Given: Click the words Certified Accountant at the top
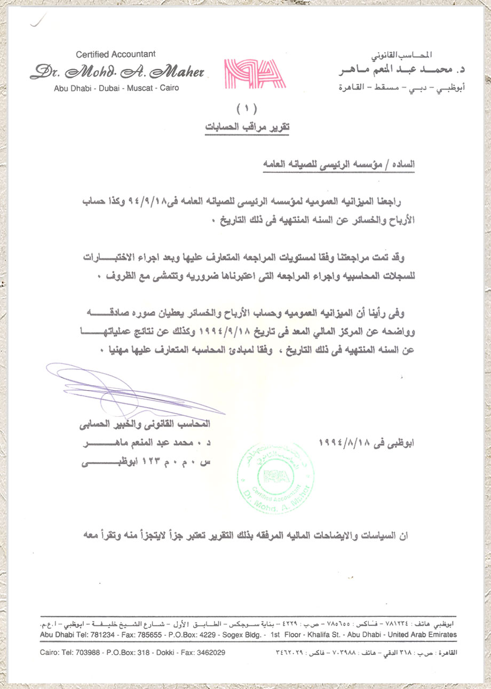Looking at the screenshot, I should (x=116, y=54).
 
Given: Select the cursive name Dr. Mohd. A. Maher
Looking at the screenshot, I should (x=116, y=72).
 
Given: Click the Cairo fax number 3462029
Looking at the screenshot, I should (x=209, y=652).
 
